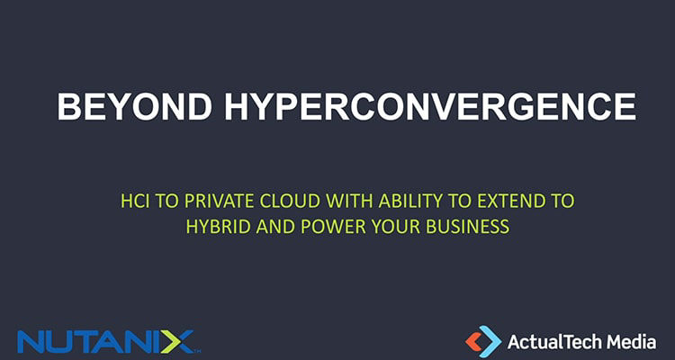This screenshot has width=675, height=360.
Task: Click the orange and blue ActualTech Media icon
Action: [x=482, y=340]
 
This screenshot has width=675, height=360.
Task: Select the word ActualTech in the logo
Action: [x=553, y=341]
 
